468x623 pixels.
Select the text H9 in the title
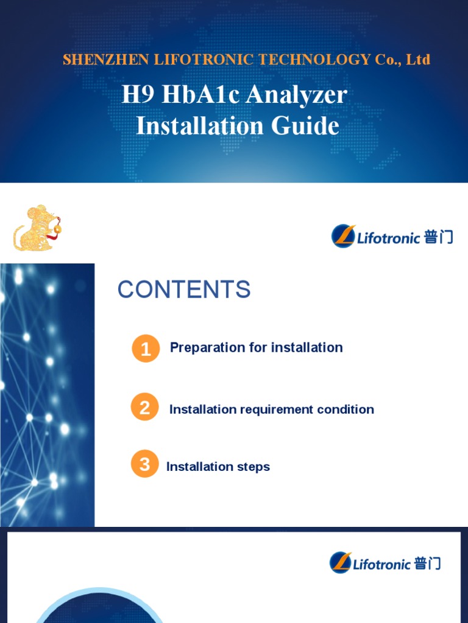click(x=135, y=95)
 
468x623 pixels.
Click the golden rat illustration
click(x=38, y=229)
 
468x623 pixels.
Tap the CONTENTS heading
click(x=184, y=290)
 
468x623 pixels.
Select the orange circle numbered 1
click(x=146, y=349)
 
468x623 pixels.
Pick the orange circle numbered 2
click(x=144, y=408)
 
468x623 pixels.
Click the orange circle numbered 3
click(x=144, y=465)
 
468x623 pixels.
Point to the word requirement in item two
click(x=276, y=409)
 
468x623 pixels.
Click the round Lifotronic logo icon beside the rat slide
click(x=343, y=236)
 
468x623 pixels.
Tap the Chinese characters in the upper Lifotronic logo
click(x=438, y=237)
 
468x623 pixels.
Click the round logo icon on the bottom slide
click(x=341, y=563)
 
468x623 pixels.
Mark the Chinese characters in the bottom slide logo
click(x=427, y=563)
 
